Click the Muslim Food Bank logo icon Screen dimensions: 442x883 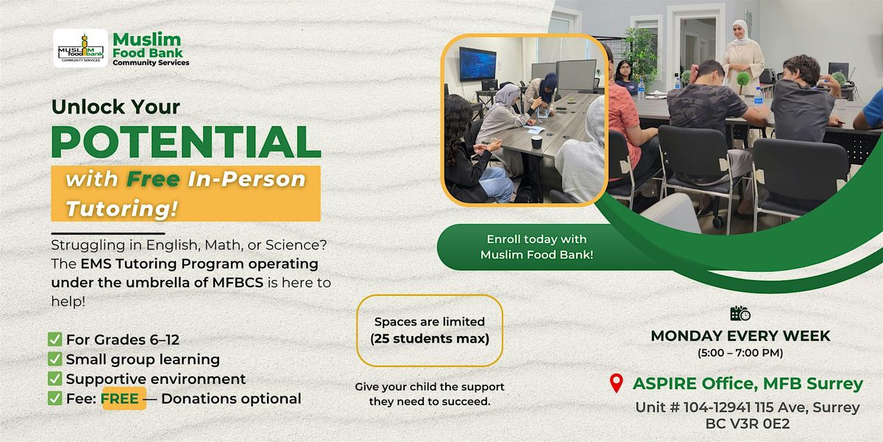[80, 49]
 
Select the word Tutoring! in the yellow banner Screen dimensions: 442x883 [121, 208]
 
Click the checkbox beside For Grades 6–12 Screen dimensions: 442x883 [54, 340]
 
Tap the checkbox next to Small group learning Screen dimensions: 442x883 [54, 359]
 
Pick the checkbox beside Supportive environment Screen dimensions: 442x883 [54, 379]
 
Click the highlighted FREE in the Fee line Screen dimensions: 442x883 [124, 399]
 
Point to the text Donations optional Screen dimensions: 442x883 [231, 399]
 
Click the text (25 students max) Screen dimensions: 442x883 [430, 339]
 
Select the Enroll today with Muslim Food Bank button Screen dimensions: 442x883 [536, 247]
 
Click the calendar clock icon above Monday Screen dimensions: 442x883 [740, 314]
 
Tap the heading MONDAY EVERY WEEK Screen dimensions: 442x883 [740, 336]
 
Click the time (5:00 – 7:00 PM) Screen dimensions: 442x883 [740, 353]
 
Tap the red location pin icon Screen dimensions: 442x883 [617, 384]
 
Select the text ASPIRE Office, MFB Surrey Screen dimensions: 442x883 [748, 384]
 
